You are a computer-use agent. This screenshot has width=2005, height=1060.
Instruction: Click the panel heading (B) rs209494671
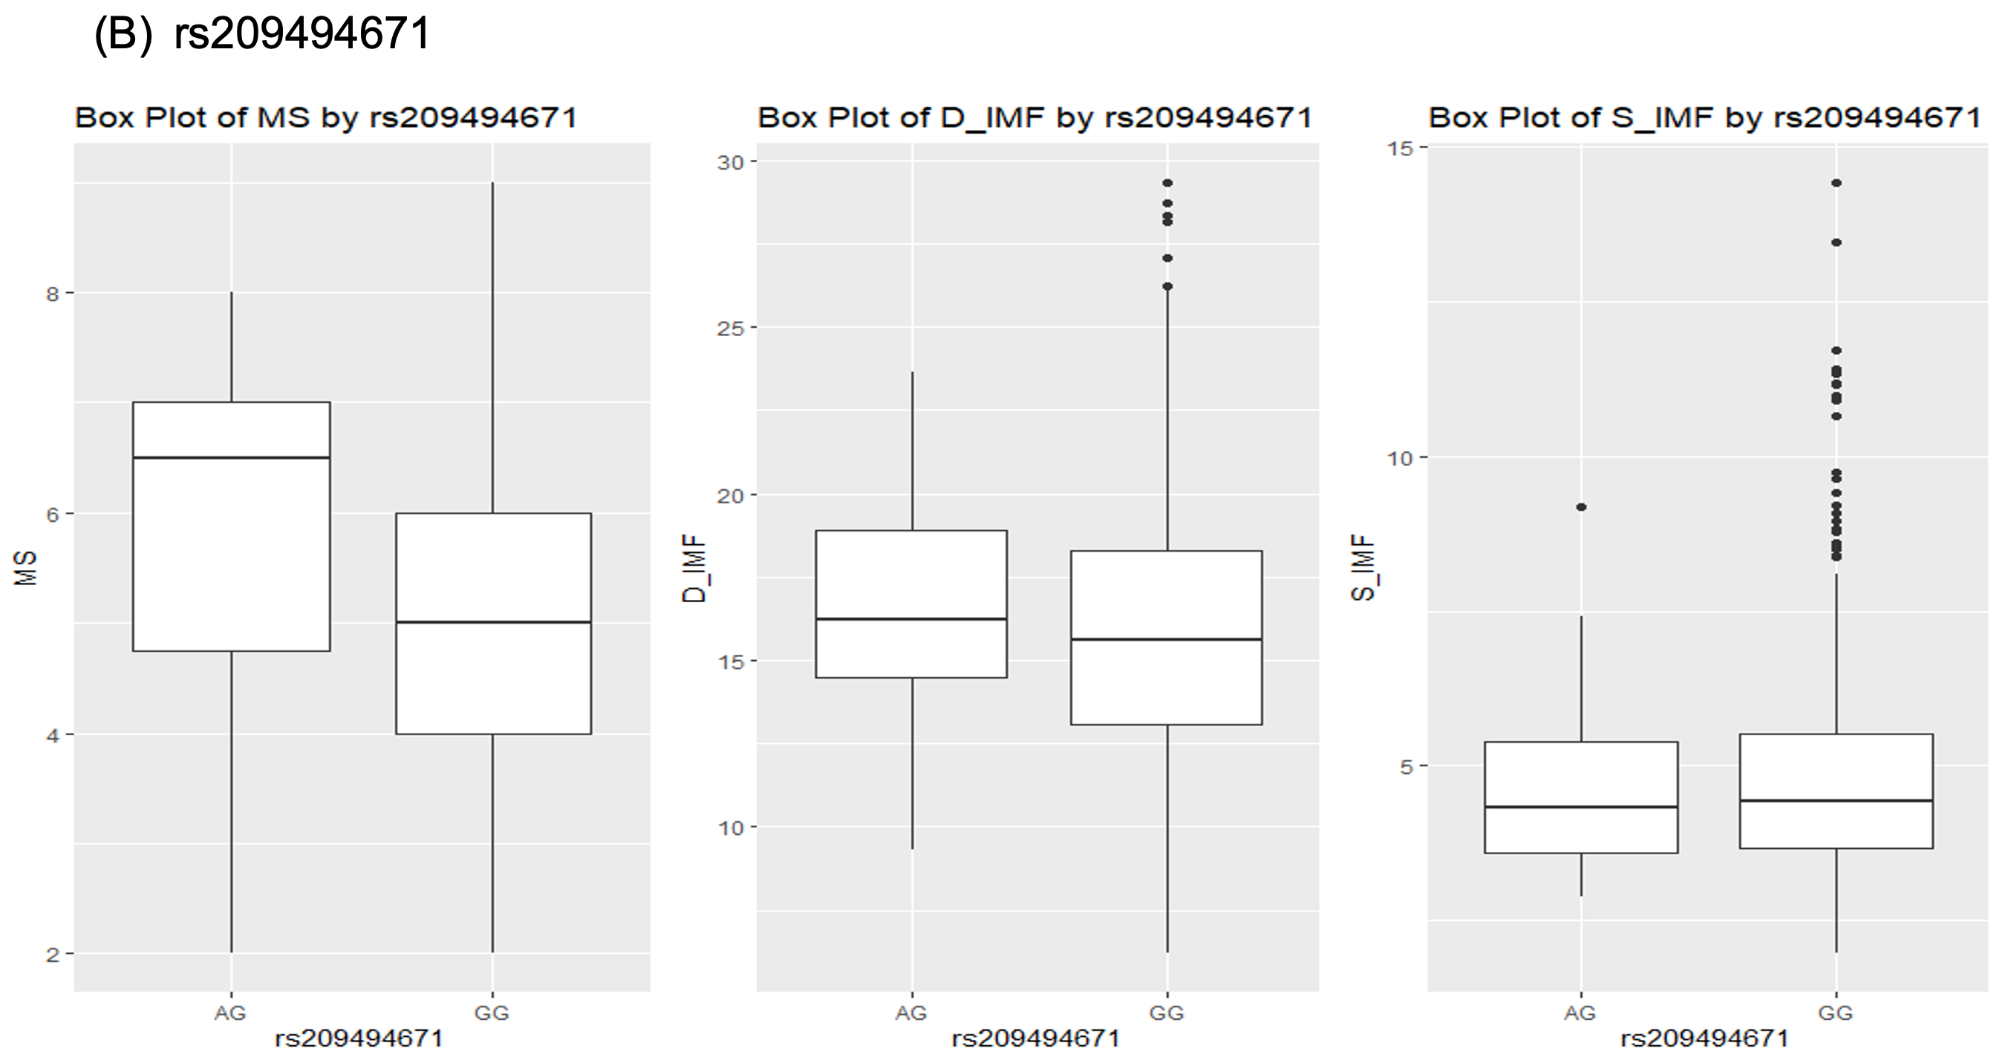point(261,34)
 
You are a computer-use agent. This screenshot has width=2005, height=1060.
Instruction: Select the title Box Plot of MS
point(325,118)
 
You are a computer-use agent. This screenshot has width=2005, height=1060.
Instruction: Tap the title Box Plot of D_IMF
point(1034,118)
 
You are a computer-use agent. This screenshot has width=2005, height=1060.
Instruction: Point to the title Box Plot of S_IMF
point(1704,118)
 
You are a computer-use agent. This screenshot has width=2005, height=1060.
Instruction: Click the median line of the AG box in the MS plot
point(231,457)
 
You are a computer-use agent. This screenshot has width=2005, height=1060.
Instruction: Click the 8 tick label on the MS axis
point(52,294)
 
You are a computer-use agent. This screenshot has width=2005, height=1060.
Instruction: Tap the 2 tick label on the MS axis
point(52,954)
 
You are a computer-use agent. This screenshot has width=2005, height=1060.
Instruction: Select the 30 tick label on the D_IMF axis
point(731,162)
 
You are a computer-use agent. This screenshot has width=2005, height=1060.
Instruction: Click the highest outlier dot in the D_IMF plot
point(1167,183)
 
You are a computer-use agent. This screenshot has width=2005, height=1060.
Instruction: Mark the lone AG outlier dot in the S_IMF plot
point(1581,507)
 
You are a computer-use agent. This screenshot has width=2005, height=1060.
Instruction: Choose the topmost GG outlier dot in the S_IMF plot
point(1836,183)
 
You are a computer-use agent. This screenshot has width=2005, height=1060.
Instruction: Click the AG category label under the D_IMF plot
point(910,1012)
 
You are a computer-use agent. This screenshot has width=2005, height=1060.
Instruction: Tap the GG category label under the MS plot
point(492,1012)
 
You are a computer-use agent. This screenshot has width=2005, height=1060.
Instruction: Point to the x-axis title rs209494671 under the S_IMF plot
point(1704,1038)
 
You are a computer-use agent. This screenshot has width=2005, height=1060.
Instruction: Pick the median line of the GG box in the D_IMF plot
point(1166,639)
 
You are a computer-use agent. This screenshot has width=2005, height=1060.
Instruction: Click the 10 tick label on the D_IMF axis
point(731,828)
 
